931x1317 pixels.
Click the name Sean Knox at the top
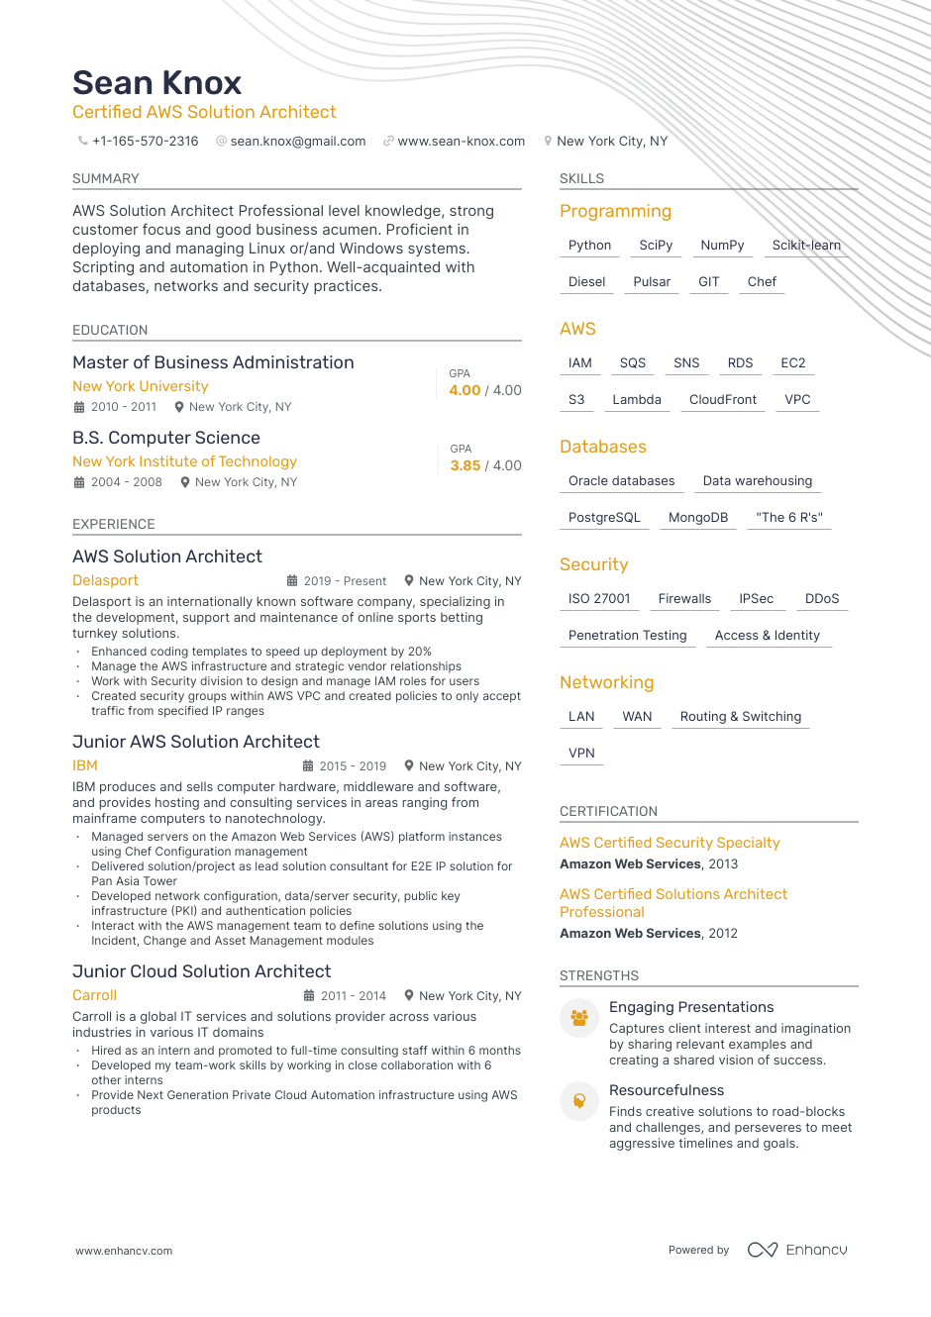point(156,83)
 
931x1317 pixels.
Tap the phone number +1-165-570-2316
point(145,142)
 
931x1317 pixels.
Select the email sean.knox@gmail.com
point(297,142)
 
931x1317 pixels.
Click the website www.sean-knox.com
point(461,142)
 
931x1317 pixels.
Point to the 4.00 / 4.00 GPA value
point(485,390)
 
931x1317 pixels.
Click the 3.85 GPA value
point(465,465)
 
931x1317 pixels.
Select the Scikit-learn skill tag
point(806,246)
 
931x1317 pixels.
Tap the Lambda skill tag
point(636,400)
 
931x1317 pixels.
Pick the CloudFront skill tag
point(722,400)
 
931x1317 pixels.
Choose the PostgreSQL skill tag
point(604,518)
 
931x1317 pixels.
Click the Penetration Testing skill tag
point(627,636)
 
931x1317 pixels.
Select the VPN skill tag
point(581,754)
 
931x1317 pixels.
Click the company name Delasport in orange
point(105,580)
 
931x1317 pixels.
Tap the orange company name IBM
point(85,765)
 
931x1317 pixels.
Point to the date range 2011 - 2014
point(353,996)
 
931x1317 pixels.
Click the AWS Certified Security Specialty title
point(670,843)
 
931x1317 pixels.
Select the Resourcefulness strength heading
point(667,1090)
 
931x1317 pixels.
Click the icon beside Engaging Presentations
point(579,1018)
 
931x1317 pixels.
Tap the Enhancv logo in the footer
point(797,1250)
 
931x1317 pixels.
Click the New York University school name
point(140,386)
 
